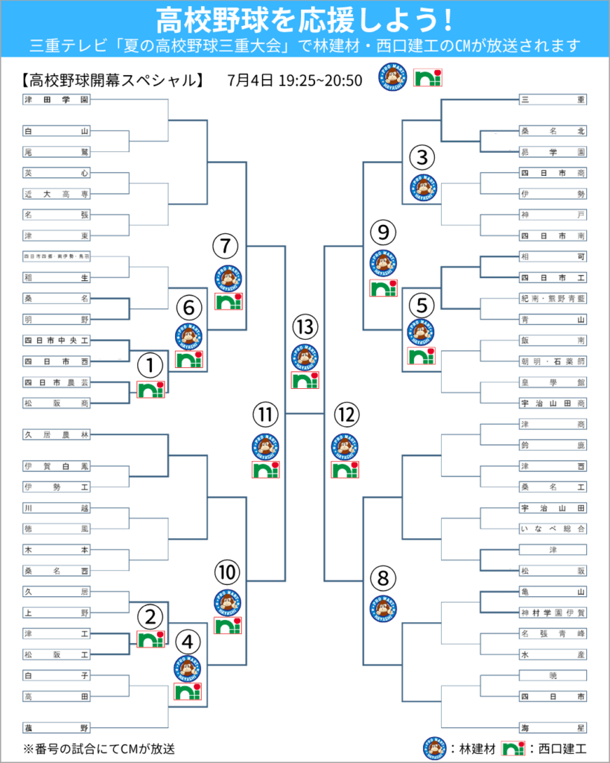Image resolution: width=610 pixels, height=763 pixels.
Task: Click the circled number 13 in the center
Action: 305,327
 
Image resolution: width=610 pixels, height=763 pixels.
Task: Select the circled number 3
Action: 422,157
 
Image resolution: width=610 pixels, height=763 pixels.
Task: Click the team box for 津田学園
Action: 57,100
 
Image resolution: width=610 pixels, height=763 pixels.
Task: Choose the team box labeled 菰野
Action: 57,727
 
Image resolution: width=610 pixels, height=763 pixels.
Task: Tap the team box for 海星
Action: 553,727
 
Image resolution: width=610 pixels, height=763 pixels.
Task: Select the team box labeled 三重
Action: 553,100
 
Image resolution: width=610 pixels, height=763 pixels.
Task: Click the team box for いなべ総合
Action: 553,529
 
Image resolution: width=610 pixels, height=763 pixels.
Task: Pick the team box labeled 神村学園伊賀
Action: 553,613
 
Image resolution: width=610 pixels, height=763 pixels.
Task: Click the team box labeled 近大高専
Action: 57,194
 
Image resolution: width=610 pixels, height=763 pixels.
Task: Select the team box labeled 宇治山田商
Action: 553,403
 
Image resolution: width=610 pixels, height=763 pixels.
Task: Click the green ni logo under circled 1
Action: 150,389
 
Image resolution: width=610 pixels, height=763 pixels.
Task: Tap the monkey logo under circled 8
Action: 383,607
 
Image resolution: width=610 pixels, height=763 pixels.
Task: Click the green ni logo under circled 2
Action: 150,639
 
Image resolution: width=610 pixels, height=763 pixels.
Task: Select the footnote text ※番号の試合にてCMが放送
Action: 101,747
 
